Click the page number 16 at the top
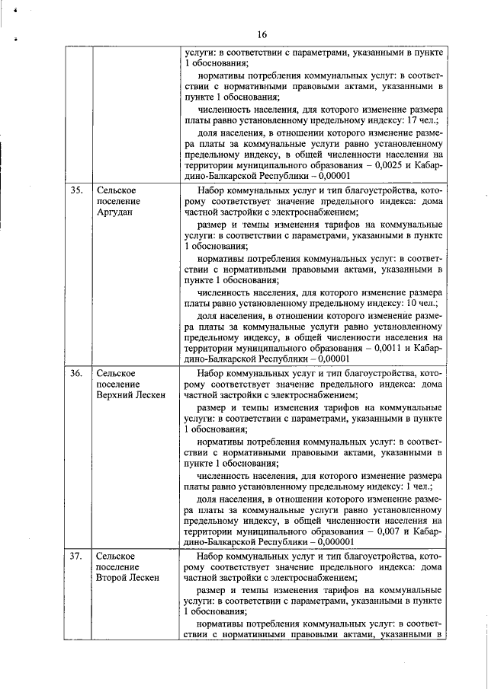coord(262,34)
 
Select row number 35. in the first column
coord(76,190)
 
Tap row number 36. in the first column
coord(76,373)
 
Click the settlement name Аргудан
coord(115,212)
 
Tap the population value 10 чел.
coord(419,303)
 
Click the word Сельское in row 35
coord(115,190)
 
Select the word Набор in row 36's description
coord(210,373)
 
